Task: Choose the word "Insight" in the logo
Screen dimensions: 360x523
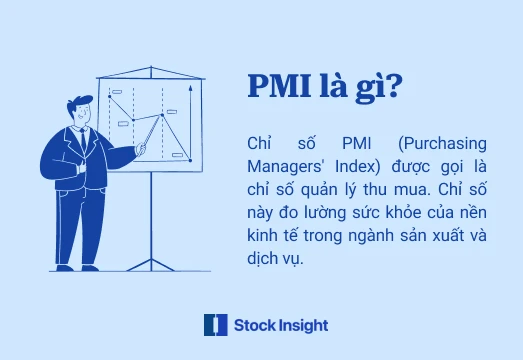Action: [303, 325]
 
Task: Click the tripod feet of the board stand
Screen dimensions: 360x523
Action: [150, 264]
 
